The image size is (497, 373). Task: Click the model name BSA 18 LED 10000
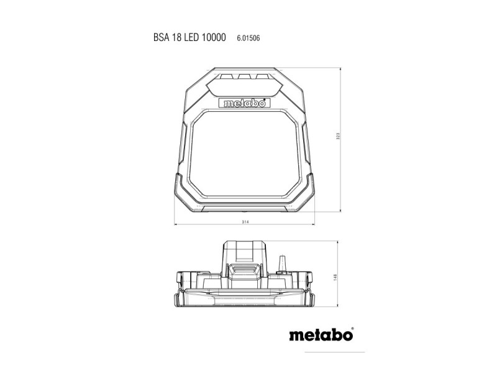(x=189, y=38)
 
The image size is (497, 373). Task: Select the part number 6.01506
(x=248, y=39)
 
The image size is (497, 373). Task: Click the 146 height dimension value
(x=339, y=277)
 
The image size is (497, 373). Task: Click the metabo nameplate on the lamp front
(x=243, y=104)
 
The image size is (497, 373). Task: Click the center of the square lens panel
(x=243, y=154)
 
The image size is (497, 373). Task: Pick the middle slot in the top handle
(x=243, y=78)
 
